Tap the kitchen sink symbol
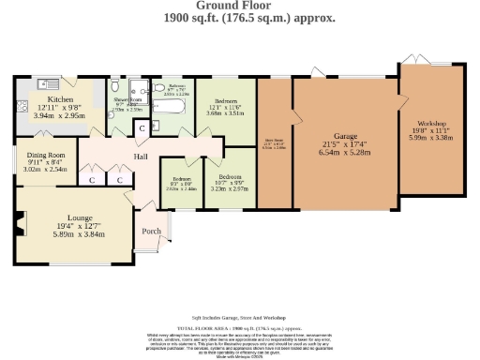click(x=44, y=83)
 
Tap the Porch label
click(x=150, y=231)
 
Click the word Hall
click(x=141, y=157)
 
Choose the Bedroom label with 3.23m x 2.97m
click(x=230, y=175)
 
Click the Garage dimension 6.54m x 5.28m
click(x=335, y=152)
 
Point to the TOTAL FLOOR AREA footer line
click(x=241, y=328)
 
